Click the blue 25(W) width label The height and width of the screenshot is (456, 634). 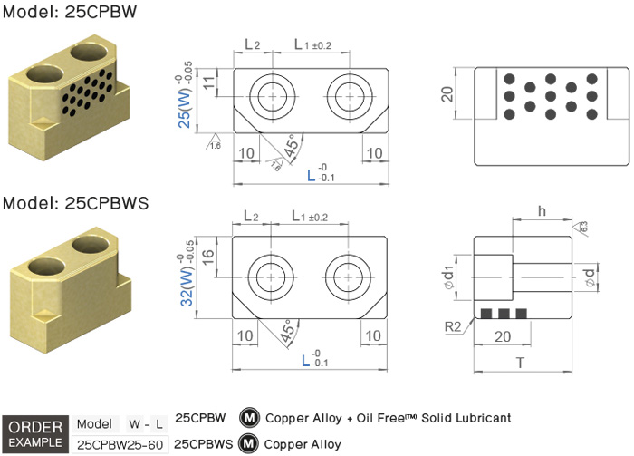pos(184,109)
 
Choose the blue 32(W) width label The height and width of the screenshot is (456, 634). pos(184,289)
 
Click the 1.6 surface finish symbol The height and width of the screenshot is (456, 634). pos(215,143)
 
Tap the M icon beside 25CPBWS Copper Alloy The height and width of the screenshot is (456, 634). pos(250,444)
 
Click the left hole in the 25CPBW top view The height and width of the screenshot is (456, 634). pos(270,96)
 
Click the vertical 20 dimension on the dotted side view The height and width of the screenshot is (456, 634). pos(446,94)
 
